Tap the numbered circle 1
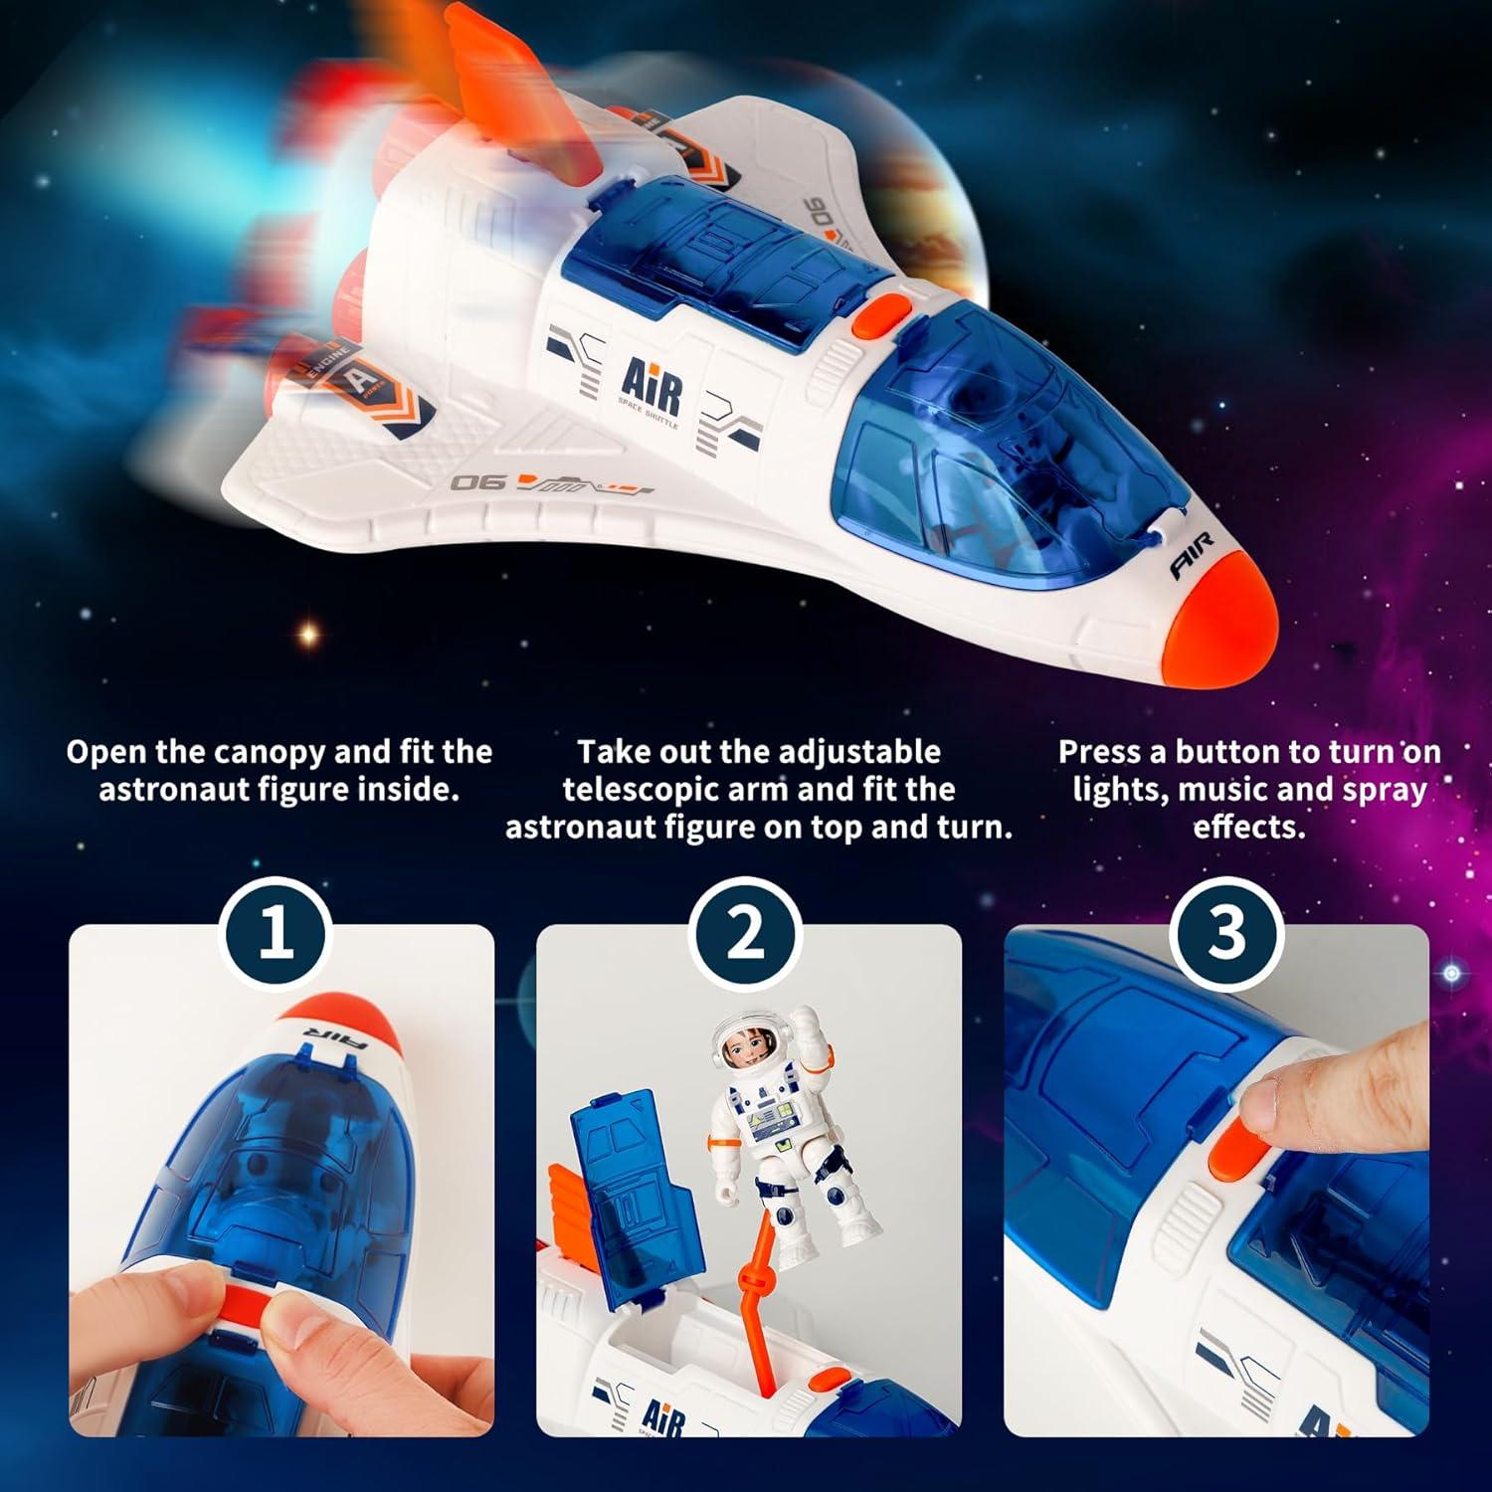[275, 935]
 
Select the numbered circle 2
[745, 935]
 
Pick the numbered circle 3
[1225, 935]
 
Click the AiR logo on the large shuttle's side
[653, 388]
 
